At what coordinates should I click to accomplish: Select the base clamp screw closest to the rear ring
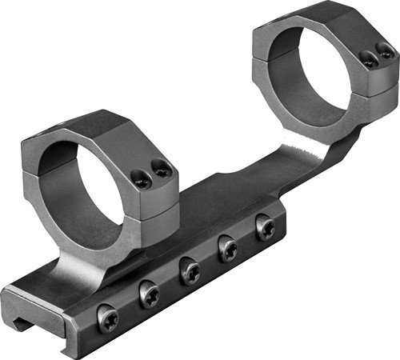click(266, 227)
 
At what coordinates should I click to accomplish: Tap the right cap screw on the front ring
click(162, 169)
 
